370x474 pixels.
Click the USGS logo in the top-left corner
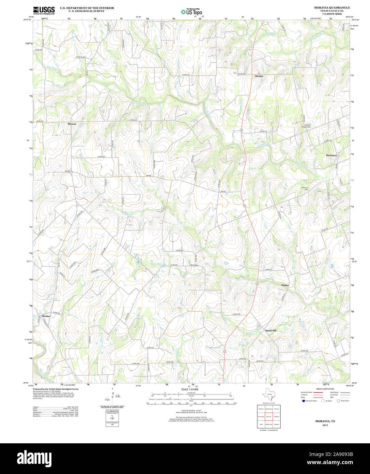coord(44,10)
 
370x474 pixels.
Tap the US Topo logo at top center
coord(191,12)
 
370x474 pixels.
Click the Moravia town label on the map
coord(72,124)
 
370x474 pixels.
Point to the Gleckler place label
coord(259,76)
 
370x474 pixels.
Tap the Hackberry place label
coord(331,155)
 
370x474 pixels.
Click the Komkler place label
coord(285,285)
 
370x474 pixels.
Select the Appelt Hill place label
coord(271,330)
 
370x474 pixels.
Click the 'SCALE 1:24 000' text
coord(190,389)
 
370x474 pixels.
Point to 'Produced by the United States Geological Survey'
coord(56,389)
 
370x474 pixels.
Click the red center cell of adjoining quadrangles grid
coord(269,416)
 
